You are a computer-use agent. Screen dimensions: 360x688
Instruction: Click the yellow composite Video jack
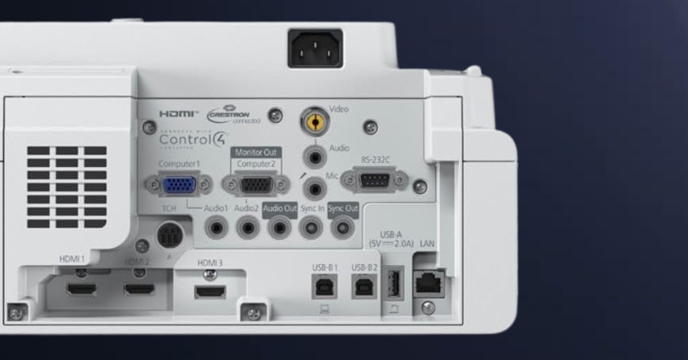[x=314, y=121]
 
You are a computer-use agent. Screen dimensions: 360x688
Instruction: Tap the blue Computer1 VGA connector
[x=179, y=185]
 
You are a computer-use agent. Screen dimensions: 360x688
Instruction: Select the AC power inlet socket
[x=315, y=48]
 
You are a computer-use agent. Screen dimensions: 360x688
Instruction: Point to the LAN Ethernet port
[x=428, y=282]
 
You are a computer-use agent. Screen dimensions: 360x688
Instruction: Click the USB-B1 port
[x=324, y=285]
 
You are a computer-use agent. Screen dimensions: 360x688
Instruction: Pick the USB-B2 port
[x=365, y=285]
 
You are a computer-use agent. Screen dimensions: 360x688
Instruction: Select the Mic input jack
[x=314, y=187]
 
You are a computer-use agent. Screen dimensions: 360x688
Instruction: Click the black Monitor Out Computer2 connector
[x=256, y=185]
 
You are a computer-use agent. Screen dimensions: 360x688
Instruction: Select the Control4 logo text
[x=193, y=139]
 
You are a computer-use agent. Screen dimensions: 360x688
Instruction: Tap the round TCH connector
[x=170, y=234]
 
